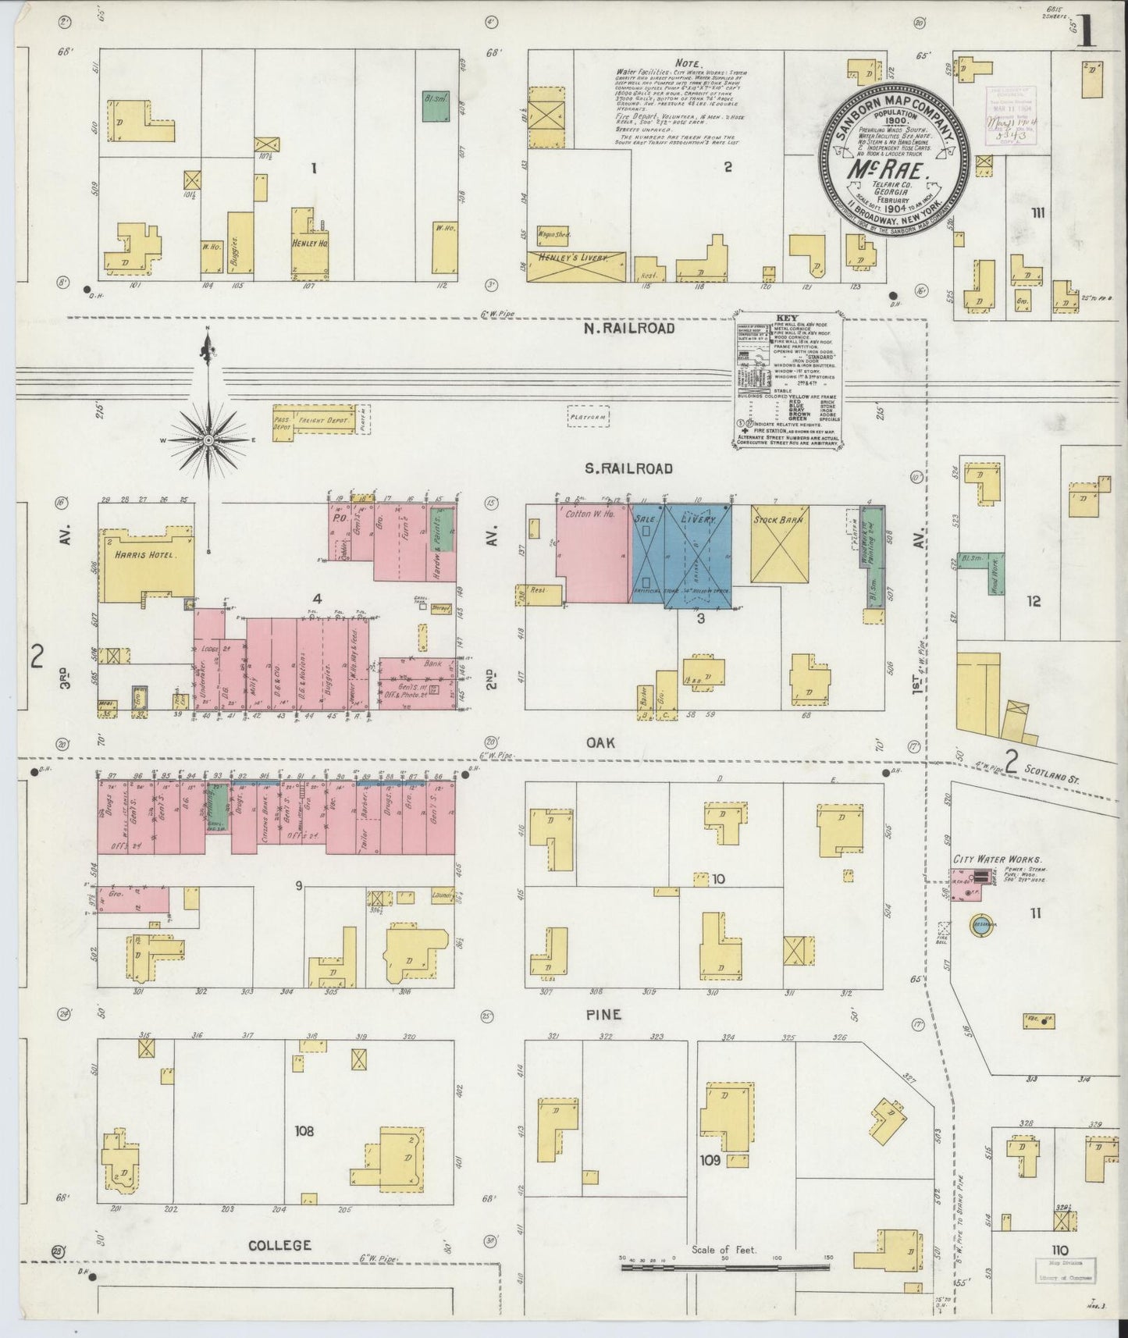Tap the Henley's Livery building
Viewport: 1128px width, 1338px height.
click(577, 267)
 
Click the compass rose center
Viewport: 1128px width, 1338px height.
click(208, 441)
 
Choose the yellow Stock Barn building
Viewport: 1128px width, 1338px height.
click(779, 544)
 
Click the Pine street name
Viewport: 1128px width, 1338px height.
click(603, 1015)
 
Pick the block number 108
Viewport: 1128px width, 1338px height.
click(304, 1130)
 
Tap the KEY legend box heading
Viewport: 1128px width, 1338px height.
click(786, 318)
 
